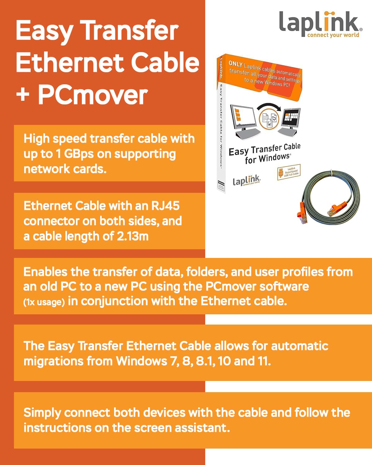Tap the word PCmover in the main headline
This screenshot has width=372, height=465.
click(x=93, y=95)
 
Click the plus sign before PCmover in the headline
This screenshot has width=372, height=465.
click(x=23, y=95)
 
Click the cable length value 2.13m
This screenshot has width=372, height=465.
click(x=133, y=236)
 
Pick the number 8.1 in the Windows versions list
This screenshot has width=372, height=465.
click(x=206, y=361)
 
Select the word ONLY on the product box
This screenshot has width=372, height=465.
click(x=236, y=64)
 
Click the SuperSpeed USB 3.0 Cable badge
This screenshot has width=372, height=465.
click(x=289, y=172)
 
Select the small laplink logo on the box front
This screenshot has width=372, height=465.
click(x=246, y=180)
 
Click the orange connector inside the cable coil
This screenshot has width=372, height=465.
click(x=335, y=208)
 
